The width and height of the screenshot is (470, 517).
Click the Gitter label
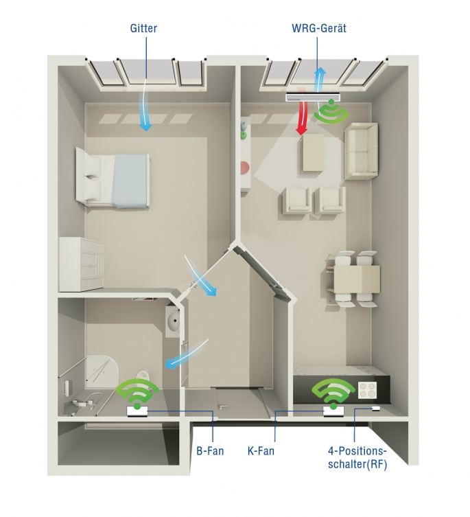click(x=143, y=28)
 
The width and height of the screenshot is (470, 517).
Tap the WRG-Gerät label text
click(x=319, y=28)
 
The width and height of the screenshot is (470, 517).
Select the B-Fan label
click(x=210, y=450)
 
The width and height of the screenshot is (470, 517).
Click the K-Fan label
click(x=261, y=450)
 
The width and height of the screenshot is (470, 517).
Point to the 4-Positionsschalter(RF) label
click(x=357, y=458)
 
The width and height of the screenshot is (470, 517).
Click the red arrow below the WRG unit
click(x=302, y=117)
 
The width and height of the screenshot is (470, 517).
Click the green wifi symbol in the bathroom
click(x=137, y=393)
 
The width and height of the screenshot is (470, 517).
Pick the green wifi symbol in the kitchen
click(x=333, y=393)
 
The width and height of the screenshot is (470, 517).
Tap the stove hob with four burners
click(x=367, y=391)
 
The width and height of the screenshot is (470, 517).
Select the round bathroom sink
click(x=174, y=321)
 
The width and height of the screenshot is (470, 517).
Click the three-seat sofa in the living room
click(x=362, y=151)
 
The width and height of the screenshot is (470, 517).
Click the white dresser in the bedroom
click(x=81, y=264)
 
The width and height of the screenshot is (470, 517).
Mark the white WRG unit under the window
click(x=312, y=97)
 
